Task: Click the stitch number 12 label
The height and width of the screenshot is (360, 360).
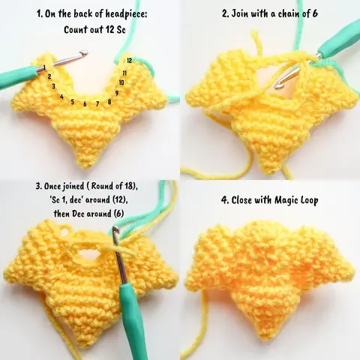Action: tap(129, 59)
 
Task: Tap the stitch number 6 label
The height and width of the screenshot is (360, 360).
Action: tap(85, 103)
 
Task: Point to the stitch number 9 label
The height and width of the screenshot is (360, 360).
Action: tap(117, 92)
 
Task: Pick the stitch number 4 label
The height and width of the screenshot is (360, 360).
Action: tap(61, 97)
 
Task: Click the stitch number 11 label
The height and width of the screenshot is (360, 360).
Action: tap(124, 73)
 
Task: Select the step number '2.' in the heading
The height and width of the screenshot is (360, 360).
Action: tap(226, 13)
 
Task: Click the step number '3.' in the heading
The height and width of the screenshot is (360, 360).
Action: tap(38, 186)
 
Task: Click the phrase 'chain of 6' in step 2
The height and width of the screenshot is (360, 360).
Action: tap(308, 13)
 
